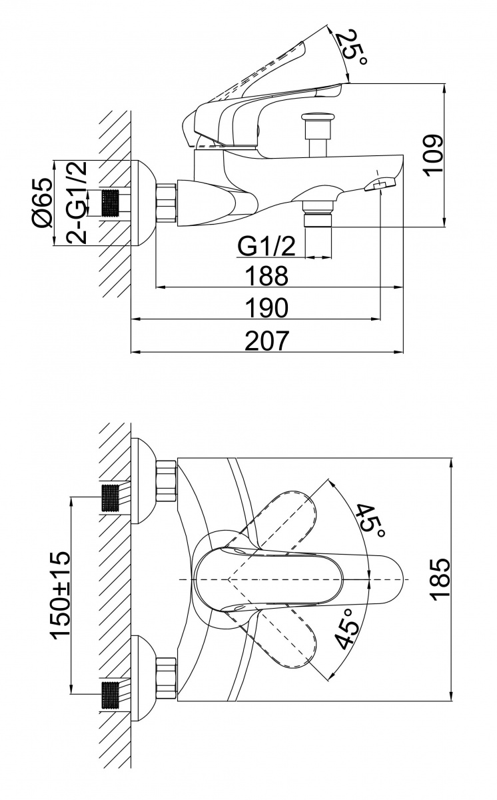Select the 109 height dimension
pos(432,155)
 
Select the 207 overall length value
pos(267,340)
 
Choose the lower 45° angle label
pos(347,629)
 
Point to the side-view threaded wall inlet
pos(114,203)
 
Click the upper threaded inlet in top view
pos(113,497)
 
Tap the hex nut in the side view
pos(166,203)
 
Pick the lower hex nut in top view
pos(165,679)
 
